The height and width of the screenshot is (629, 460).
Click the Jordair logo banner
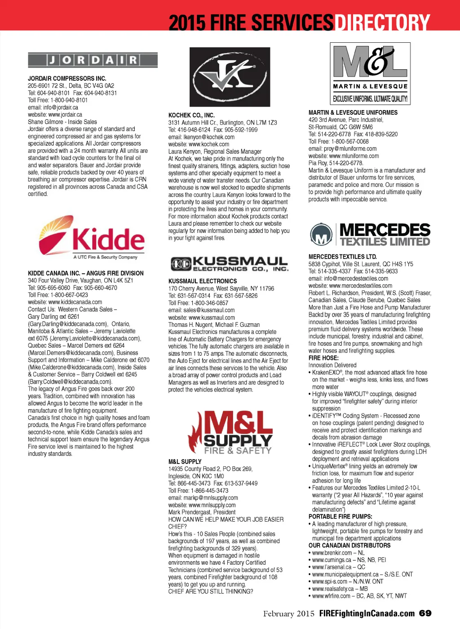click(93, 60)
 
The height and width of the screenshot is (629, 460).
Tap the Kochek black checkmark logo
click(230, 77)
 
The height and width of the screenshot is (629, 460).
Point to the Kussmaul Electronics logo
click(229, 264)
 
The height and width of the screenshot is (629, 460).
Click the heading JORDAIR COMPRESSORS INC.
click(67, 78)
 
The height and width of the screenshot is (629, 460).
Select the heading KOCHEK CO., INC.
click(191, 115)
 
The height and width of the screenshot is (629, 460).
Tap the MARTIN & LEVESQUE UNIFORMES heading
click(353, 112)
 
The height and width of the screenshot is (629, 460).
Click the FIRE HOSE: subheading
click(323, 358)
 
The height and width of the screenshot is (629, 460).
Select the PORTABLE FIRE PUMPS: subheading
click(340, 517)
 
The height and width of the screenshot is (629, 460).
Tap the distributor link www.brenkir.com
click(332, 553)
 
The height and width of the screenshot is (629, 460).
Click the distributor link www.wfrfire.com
click(331, 596)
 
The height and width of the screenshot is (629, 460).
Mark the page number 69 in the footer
click(425, 613)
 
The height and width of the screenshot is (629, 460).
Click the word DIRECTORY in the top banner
click(382, 22)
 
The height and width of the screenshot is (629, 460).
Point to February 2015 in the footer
click(288, 614)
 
